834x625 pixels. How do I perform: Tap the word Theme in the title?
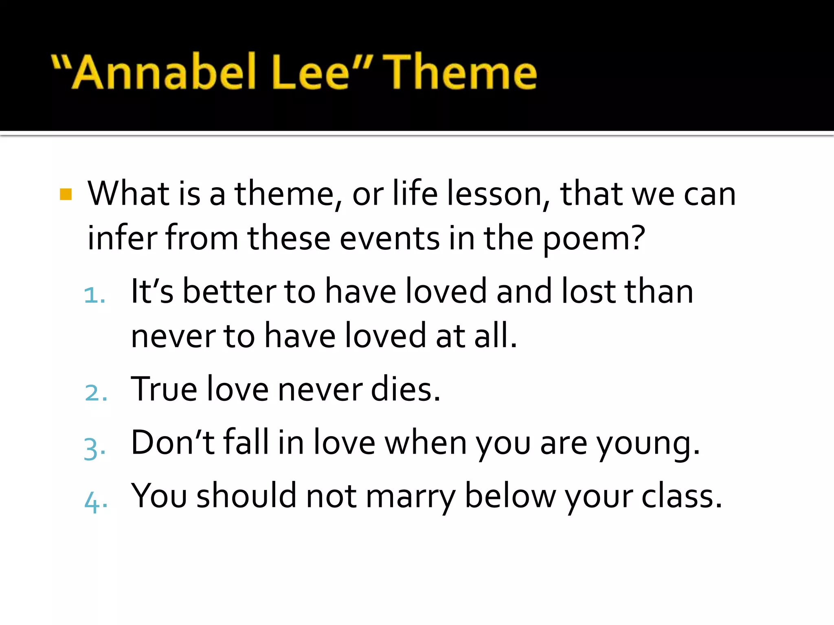[460, 72]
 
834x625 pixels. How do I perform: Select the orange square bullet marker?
[66, 194]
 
